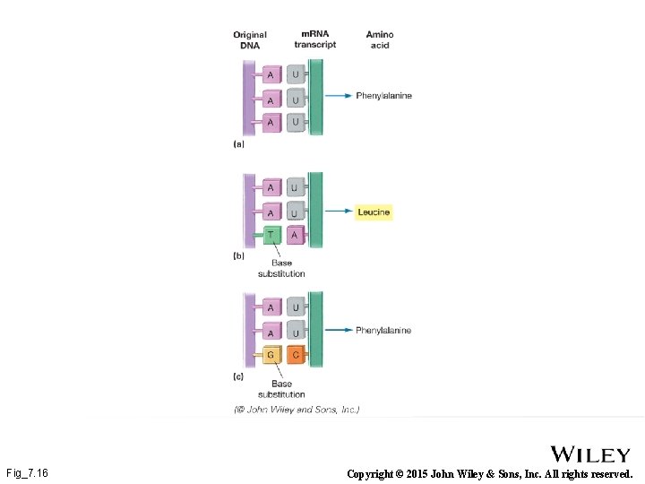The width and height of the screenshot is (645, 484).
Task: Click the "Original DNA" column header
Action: (x=250, y=40)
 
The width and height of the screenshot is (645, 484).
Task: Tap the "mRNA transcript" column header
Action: (x=314, y=40)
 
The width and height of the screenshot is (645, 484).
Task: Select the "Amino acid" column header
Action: (x=380, y=40)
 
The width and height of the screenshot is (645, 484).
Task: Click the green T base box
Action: (x=271, y=235)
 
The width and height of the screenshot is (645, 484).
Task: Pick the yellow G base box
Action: (x=271, y=356)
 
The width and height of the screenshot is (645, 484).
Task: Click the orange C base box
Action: (x=295, y=356)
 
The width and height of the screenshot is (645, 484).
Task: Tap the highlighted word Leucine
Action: (x=374, y=212)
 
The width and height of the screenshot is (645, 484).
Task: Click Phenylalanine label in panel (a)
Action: (x=383, y=96)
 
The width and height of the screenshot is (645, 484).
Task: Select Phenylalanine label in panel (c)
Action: (x=383, y=331)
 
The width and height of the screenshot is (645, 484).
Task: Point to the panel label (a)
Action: (x=238, y=143)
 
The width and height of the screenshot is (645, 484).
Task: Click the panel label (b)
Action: (x=238, y=256)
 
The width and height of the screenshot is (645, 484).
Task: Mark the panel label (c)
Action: (x=238, y=377)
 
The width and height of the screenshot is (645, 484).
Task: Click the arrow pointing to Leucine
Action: (x=338, y=212)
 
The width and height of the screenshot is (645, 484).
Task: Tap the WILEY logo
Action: (x=589, y=454)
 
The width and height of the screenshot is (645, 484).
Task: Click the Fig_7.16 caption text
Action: (x=27, y=472)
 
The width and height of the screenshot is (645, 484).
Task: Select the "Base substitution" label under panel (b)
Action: (x=281, y=268)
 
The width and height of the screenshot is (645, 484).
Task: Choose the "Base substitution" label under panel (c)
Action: (x=281, y=389)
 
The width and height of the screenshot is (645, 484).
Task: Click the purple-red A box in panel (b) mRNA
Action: (x=295, y=235)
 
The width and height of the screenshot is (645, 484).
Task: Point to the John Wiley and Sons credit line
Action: (x=297, y=410)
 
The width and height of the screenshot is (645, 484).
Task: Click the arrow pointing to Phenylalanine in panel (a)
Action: (x=338, y=96)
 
